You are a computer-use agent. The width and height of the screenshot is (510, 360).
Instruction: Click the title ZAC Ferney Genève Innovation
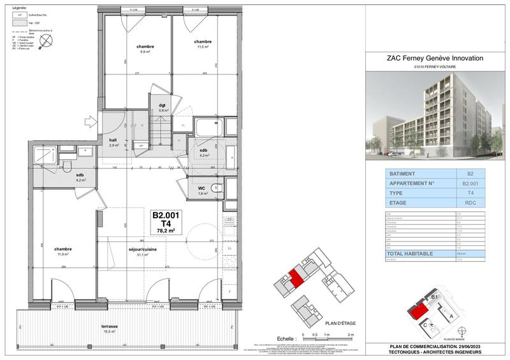point(435,58)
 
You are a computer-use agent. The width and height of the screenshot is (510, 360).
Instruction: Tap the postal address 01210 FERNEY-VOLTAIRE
point(435,68)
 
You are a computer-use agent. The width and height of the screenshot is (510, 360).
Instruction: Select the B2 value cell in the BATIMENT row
point(470,173)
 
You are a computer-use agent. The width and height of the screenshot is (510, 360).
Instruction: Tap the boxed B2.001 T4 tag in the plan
point(165,224)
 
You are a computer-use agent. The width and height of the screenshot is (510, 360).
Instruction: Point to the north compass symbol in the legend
point(45,41)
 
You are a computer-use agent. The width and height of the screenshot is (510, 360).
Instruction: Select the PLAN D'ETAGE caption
point(339,324)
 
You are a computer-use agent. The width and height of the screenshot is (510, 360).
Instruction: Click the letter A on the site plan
point(451,315)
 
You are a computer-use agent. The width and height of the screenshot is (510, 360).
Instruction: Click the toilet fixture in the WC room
point(215,187)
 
